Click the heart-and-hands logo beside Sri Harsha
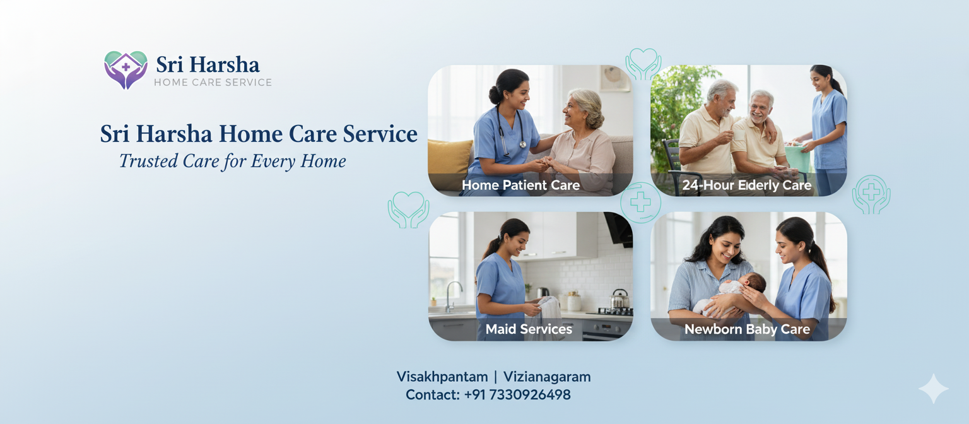126,69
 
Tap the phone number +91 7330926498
517,394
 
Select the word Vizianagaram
547,377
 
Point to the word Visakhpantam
442,377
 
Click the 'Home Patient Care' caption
521,185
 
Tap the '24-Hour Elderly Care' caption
747,185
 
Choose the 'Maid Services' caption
529,329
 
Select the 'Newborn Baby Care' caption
747,329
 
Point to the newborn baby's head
755,282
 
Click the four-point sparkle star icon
934,389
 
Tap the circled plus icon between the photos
641,203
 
